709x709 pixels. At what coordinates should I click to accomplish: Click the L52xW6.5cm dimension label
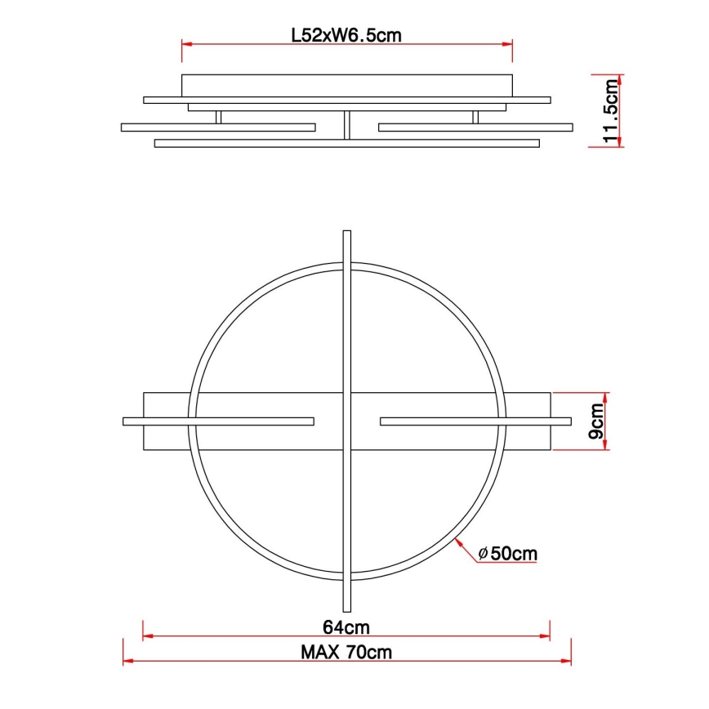tap(347, 36)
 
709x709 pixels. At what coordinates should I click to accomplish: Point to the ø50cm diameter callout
tap(507, 553)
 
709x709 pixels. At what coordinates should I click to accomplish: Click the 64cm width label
tap(347, 627)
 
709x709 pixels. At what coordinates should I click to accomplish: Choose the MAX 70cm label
tap(346, 652)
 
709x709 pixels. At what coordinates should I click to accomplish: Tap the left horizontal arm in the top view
tap(218, 421)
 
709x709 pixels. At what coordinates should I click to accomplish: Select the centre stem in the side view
tap(346, 125)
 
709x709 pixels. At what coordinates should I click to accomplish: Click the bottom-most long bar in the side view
tap(347, 144)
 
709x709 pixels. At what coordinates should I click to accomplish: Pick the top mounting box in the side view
tap(347, 85)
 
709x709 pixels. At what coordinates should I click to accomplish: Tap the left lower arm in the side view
tap(218, 127)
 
